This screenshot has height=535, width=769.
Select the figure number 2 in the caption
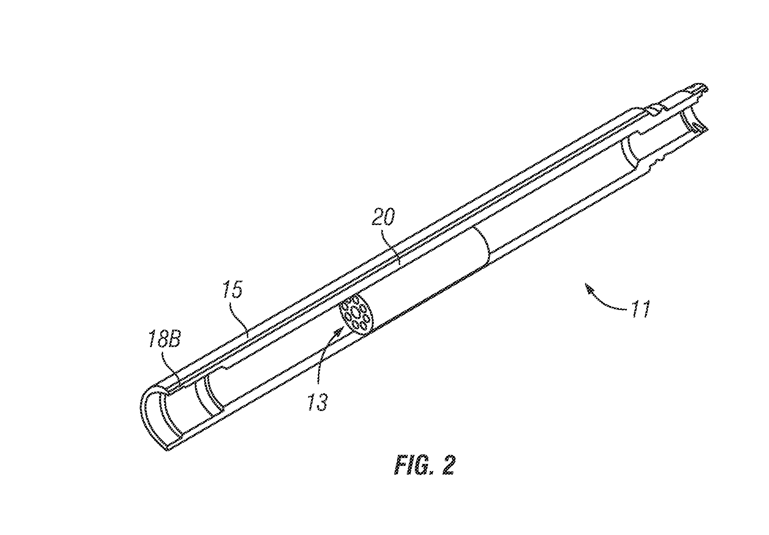(x=448, y=465)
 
